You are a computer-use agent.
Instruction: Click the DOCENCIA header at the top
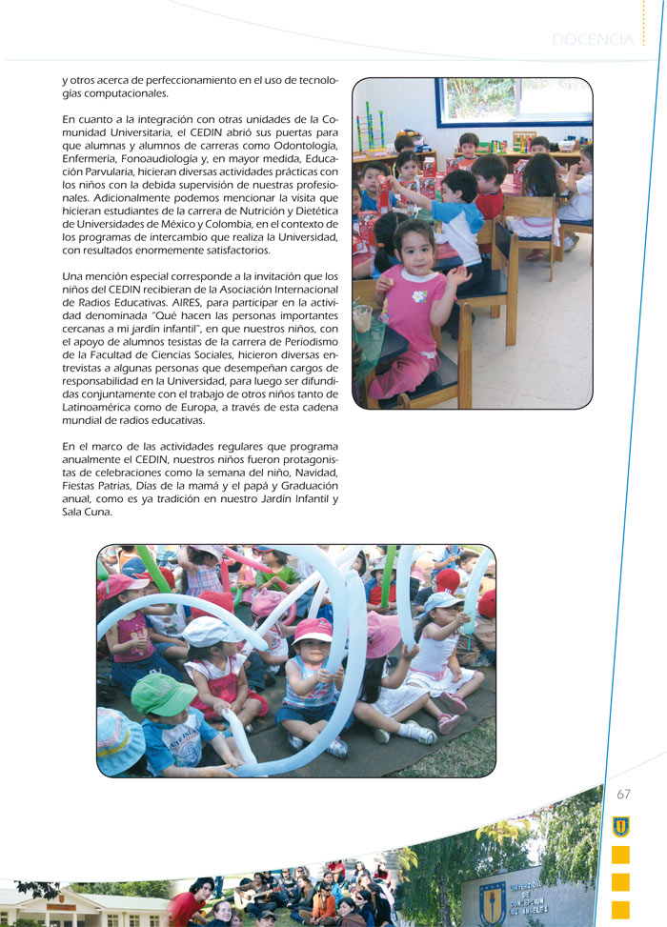click(592, 39)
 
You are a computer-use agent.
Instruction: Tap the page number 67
click(624, 794)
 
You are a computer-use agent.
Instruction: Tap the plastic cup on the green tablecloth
click(362, 318)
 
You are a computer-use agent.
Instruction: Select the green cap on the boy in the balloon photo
click(162, 693)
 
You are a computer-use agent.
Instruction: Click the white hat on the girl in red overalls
click(210, 630)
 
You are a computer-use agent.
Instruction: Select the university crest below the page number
click(620, 826)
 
